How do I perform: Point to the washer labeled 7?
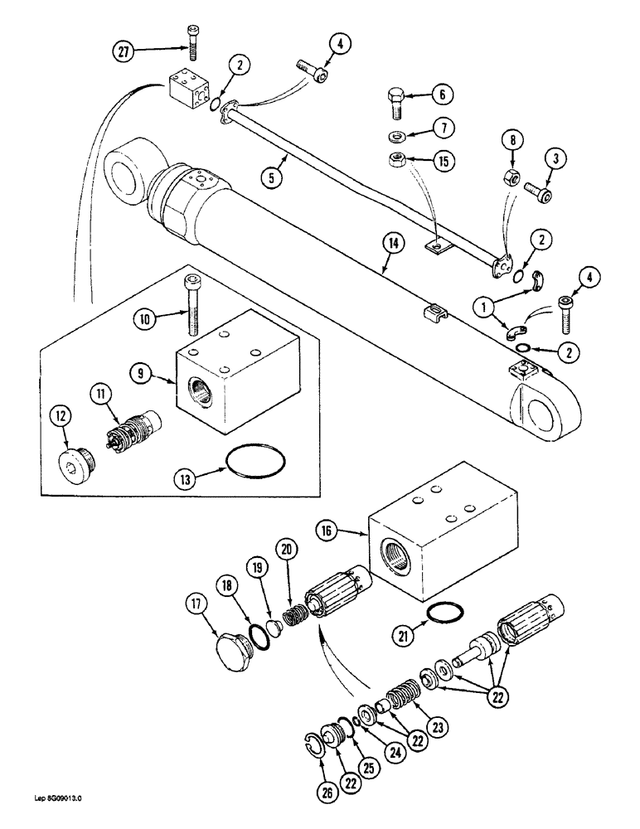tap(396, 135)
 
